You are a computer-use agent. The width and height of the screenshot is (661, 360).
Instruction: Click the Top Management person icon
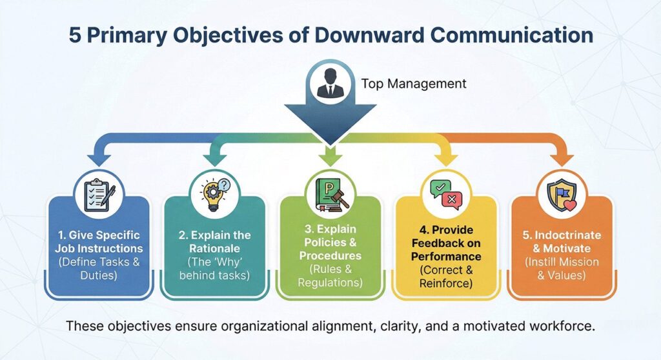point(330,83)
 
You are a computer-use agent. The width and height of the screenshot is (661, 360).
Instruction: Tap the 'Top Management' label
point(413,84)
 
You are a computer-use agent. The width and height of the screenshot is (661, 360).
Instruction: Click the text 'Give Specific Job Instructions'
point(99,242)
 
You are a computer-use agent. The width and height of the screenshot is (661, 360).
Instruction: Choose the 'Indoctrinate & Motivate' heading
point(560,242)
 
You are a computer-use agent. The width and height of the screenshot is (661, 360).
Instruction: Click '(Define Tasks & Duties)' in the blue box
point(99,269)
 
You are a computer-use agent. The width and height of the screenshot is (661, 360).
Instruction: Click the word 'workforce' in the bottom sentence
point(561,326)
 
